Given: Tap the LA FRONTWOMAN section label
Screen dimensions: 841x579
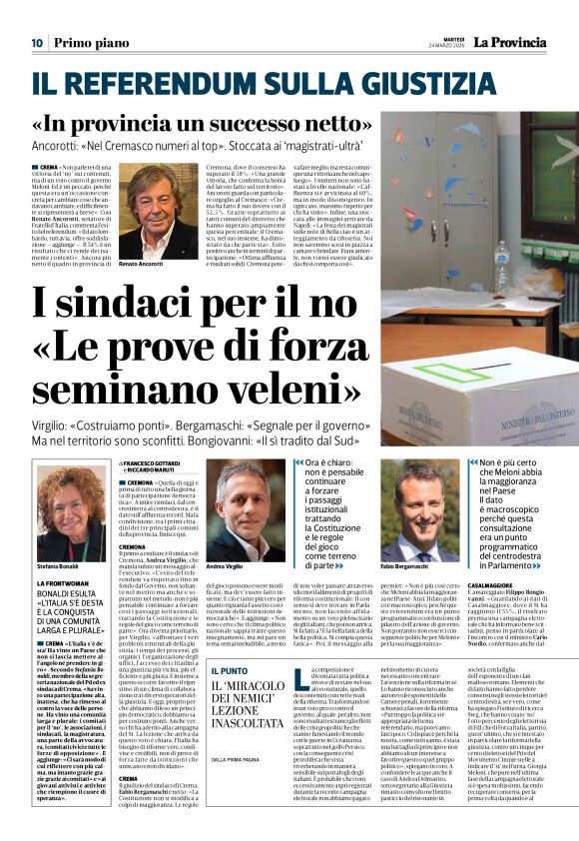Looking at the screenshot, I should pos(67,583).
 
